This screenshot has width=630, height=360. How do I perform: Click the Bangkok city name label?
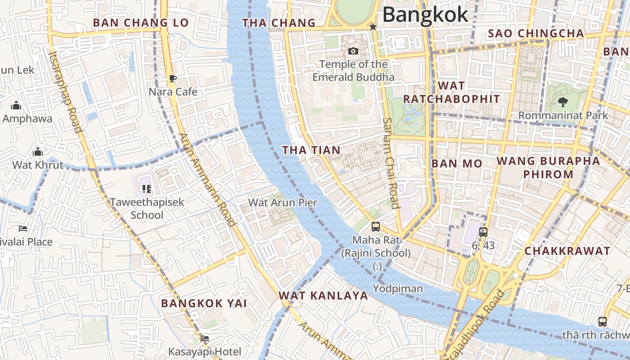(x=425, y=14)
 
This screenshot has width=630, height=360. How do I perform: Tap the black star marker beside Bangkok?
(x=373, y=27)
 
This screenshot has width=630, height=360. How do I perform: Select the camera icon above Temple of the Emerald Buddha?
(x=353, y=51)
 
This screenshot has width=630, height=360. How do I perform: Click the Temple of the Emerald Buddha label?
(x=353, y=71)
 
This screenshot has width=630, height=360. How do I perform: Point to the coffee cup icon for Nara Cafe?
(x=173, y=79)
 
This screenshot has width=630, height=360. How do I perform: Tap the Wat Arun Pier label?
(x=283, y=202)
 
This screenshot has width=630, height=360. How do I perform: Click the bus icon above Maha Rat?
(x=376, y=227)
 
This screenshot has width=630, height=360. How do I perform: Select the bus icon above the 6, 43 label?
(x=483, y=232)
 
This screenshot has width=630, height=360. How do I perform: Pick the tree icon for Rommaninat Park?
(x=562, y=102)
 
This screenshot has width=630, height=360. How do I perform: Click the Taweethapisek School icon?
(x=146, y=189)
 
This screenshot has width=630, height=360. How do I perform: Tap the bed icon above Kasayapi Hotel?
(x=205, y=338)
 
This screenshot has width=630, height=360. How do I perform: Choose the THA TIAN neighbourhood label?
(x=311, y=150)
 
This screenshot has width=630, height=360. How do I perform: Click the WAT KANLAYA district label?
(x=323, y=296)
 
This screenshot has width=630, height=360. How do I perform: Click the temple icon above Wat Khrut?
(x=38, y=152)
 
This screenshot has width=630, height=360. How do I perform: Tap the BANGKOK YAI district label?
(x=204, y=303)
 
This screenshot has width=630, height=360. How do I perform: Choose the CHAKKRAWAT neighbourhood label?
(x=567, y=251)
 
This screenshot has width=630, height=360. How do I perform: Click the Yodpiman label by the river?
(x=398, y=289)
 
